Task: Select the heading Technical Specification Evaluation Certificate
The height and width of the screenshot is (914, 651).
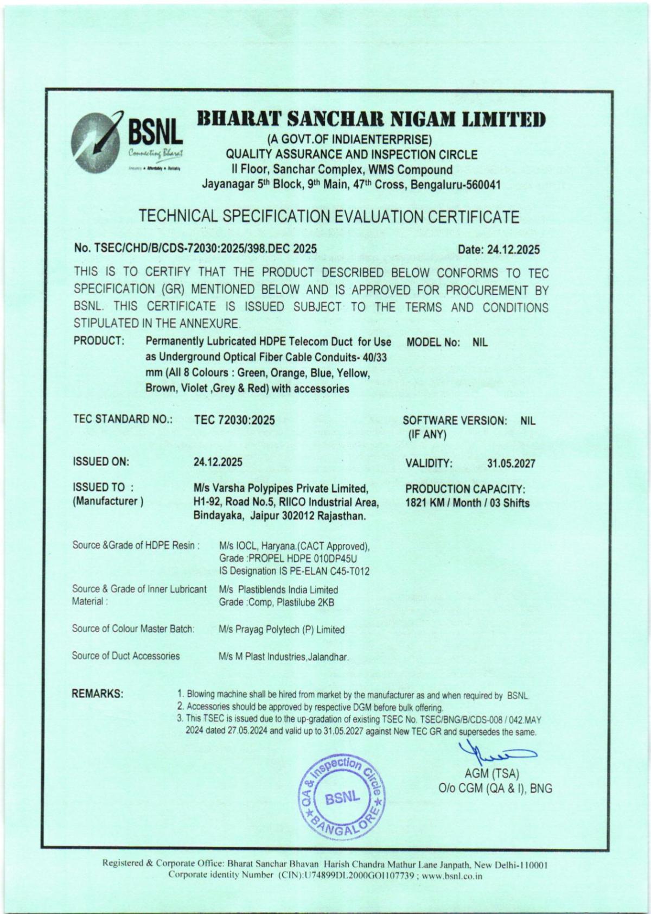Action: point(329,217)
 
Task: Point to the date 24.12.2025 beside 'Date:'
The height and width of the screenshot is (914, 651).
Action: point(513,250)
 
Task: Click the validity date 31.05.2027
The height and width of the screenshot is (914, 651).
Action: point(511,464)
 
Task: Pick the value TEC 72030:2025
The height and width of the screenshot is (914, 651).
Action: point(234,420)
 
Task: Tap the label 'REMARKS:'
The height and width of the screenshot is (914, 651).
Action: point(98,694)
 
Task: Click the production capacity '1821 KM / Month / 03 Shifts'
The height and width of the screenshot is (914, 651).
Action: point(467,503)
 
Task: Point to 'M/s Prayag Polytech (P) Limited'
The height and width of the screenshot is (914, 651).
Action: point(282,630)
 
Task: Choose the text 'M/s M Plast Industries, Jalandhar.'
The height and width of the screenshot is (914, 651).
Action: point(283,657)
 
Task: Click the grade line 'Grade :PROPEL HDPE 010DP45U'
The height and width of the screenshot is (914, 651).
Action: point(289,558)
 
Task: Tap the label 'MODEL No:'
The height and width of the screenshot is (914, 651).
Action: point(433,342)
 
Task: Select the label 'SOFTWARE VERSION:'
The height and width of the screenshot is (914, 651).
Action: point(455,421)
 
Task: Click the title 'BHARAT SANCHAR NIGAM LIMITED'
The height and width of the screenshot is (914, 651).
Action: point(371,118)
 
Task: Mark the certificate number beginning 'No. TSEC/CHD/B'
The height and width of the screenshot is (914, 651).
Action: point(195,249)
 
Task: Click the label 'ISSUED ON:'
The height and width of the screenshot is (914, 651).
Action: point(101,462)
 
